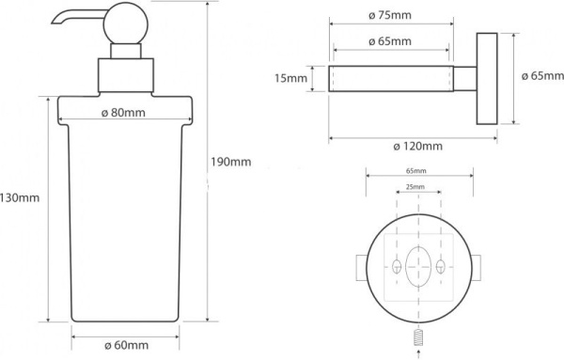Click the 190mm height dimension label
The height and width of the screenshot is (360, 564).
[x=230, y=163]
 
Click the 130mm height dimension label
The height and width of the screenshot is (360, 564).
[x=20, y=197]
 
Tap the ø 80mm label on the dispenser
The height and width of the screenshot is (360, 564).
[x=123, y=113]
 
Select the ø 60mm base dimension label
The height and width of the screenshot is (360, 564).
[x=126, y=346]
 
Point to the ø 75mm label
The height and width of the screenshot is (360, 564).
[x=390, y=15]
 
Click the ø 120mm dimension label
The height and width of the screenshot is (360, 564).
[x=417, y=147]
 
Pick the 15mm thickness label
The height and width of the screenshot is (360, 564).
[x=291, y=78]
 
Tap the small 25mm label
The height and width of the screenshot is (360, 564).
[x=415, y=187]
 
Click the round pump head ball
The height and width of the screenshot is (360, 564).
[x=126, y=23]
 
